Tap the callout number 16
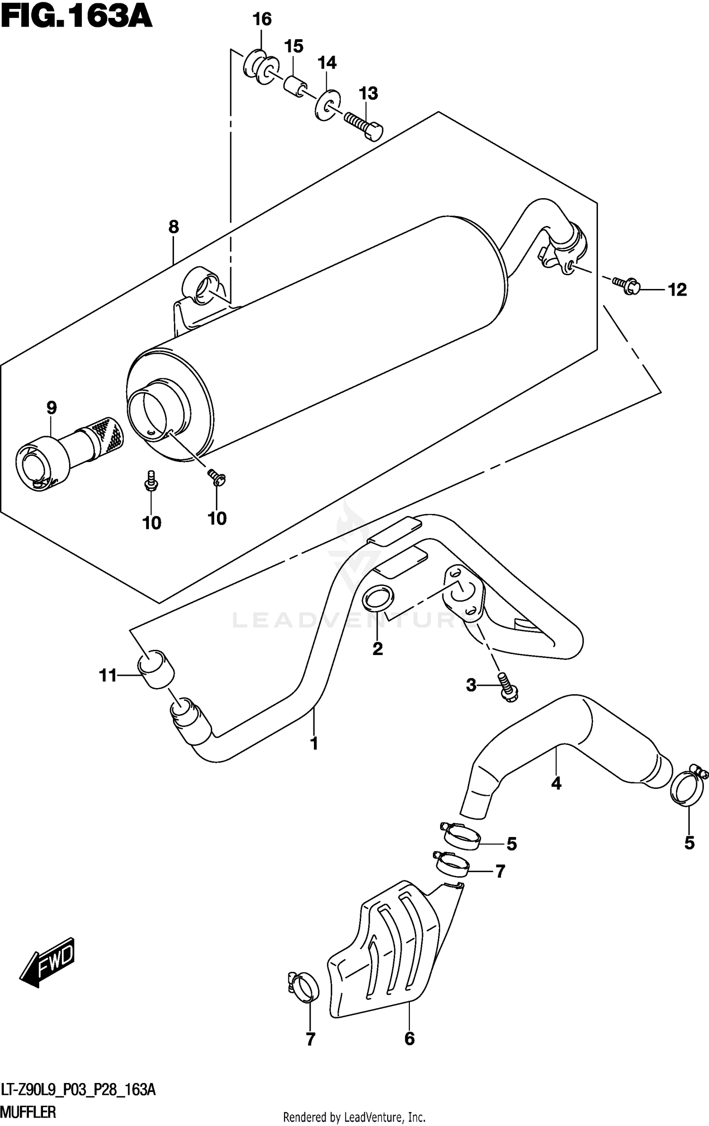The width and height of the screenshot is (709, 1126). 262,19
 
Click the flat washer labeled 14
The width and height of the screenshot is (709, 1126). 327,104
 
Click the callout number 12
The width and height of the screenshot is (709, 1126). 677,289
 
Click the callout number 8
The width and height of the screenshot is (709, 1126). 173,227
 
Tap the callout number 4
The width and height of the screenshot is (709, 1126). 556,784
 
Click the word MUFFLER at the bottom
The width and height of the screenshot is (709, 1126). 28,1112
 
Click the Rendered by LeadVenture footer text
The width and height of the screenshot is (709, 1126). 354,1117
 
